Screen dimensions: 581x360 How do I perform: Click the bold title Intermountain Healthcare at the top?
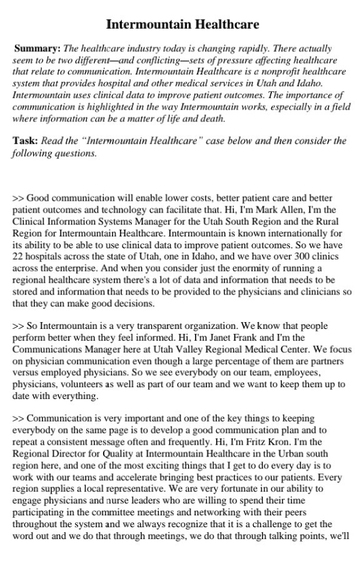point(182,24)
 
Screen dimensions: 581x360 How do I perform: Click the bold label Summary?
point(37,48)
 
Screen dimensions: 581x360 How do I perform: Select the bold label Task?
point(25,140)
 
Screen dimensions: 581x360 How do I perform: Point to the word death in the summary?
point(210,119)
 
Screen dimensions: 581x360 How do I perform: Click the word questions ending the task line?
point(76,153)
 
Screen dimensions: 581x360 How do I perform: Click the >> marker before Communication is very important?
point(18,418)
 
